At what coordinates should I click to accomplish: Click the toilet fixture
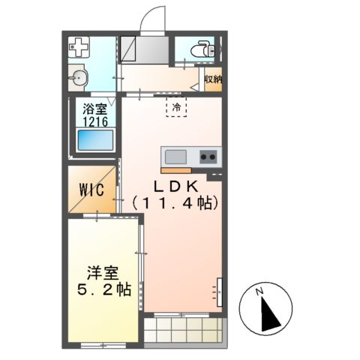[x=202, y=49]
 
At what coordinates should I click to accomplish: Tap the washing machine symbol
[x=79, y=47]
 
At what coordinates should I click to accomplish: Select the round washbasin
[x=78, y=78]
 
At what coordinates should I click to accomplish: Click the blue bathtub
[x=95, y=139]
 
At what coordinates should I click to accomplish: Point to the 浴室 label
[x=94, y=109]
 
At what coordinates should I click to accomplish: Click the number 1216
[x=95, y=121]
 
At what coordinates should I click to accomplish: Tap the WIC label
[x=91, y=190]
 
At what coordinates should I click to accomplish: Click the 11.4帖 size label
[x=175, y=203]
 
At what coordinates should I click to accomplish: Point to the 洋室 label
[x=103, y=273]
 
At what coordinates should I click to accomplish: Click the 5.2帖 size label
[x=104, y=289]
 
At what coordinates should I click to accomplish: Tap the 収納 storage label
[x=213, y=79]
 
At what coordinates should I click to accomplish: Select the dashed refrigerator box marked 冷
[x=176, y=106]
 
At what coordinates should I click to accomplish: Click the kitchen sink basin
[x=175, y=157]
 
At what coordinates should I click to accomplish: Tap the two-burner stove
[x=208, y=157]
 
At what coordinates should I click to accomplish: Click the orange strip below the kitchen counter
[x=176, y=170]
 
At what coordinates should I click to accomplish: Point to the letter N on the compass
[x=259, y=291]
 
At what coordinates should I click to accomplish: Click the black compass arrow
[x=269, y=313]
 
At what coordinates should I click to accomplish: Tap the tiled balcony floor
[x=183, y=330]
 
